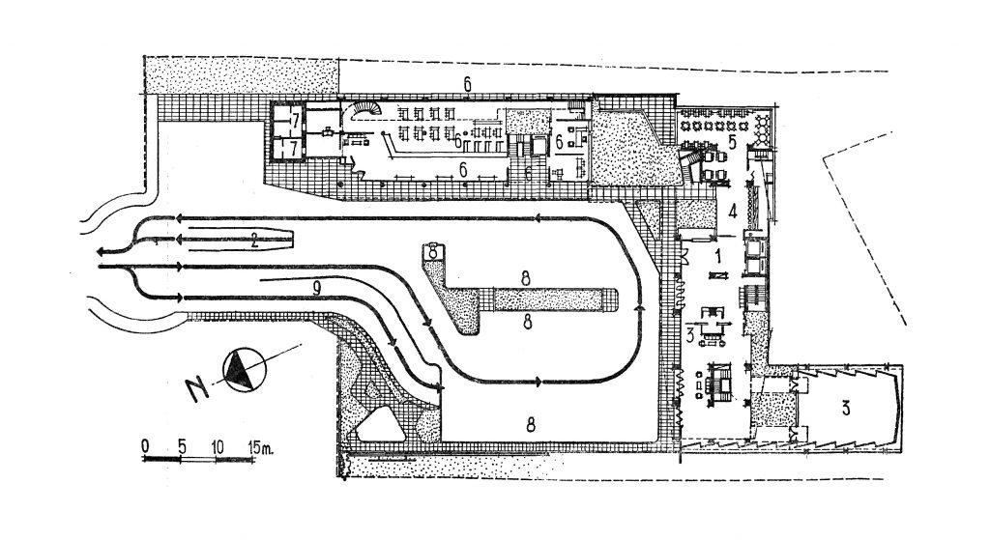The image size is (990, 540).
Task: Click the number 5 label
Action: click(x=732, y=141)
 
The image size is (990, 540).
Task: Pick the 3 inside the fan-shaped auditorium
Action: click(x=846, y=408)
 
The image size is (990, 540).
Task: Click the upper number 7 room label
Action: click(x=289, y=120)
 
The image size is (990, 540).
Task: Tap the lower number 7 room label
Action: click(x=289, y=148)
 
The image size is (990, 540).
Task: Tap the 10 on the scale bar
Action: click(x=218, y=444)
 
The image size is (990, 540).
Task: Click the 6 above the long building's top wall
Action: click(x=467, y=84)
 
